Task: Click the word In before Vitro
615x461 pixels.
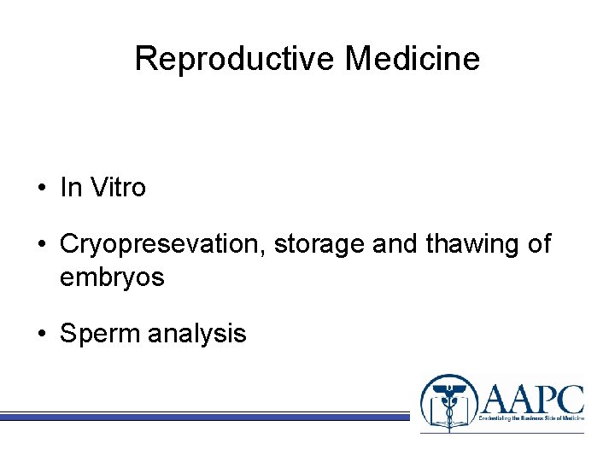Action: pyautogui.click(x=69, y=188)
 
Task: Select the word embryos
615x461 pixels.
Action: pyautogui.click(x=112, y=277)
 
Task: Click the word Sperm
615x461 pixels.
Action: pyautogui.click(x=100, y=334)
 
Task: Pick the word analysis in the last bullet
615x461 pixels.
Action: pyautogui.click(x=196, y=334)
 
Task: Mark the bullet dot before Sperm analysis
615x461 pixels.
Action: pyautogui.click(x=41, y=334)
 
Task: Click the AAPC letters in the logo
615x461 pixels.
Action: pyautogui.click(x=532, y=399)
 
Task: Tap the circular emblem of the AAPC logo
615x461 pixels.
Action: pyautogui.click(x=447, y=402)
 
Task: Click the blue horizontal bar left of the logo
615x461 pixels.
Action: pyautogui.click(x=205, y=417)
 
